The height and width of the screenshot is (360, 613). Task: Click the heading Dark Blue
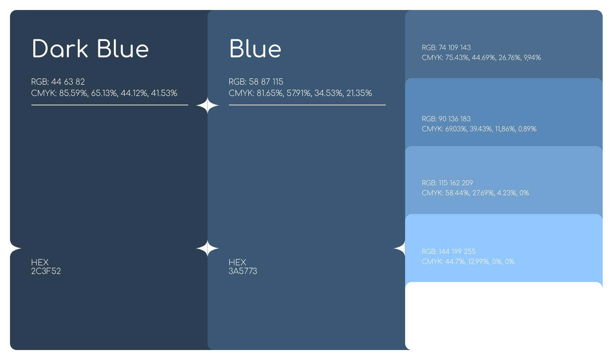(90, 49)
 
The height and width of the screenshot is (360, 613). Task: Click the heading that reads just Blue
(255, 49)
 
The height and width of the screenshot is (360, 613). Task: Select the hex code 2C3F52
(46, 271)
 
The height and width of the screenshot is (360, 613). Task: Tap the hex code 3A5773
(243, 271)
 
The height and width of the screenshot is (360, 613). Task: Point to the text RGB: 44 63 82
(58, 82)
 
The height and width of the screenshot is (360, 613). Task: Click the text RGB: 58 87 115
(256, 82)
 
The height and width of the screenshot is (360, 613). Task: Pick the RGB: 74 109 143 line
(446, 48)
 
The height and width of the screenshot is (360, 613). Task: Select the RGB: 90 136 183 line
(446, 119)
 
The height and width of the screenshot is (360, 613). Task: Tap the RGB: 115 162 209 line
(447, 183)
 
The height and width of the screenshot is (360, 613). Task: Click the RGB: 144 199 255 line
(449, 252)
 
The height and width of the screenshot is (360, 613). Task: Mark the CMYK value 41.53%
(164, 93)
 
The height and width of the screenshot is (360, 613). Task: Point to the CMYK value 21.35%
(359, 93)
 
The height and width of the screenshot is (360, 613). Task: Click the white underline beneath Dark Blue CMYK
(110, 105)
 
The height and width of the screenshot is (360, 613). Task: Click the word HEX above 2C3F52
(40, 262)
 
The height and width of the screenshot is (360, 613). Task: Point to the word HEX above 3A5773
(237, 262)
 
